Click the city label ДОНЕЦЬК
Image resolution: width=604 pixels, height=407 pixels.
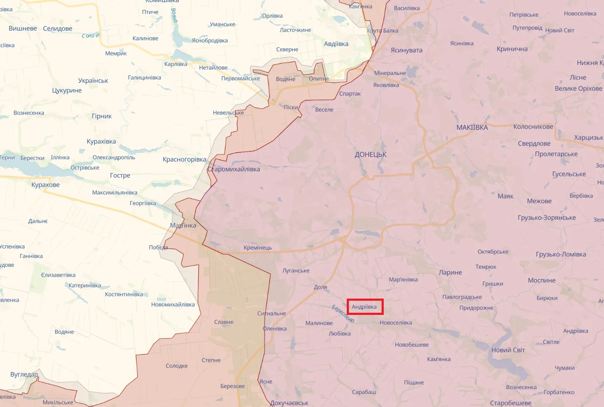[x=370, y=154]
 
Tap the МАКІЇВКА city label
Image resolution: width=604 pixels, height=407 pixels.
[x=472, y=127]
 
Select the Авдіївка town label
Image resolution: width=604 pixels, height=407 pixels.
[x=336, y=44]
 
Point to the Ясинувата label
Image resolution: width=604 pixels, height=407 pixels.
[x=406, y=50]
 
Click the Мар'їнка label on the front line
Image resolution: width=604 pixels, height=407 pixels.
[x=183, y=225]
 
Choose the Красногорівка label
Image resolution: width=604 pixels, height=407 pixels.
[x=184, y=160]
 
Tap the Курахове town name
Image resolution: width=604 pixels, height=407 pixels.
[x=46, y=185]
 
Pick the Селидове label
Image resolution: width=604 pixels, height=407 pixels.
[x=58, y=29]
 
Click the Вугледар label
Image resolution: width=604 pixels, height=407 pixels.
[x=24, y=374]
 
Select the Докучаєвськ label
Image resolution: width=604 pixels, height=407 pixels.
[x=289, y=403]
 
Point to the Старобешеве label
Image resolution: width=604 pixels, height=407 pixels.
[x=511, y=403]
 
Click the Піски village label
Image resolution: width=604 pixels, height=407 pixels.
[x=291, y=107]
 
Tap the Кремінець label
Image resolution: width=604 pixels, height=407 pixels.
[x=258, y=248]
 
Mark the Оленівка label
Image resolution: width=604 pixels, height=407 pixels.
[x=274, y=329]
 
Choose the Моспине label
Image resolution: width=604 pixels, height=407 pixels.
[x=542, y=281]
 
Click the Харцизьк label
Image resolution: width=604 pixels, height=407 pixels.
[x=588, y=138]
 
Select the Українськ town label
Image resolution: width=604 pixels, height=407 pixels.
[x=93, y=81]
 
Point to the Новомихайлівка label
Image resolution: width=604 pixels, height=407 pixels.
[x=173, y=305]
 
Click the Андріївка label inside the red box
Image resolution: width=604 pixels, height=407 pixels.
[x=364, y=307]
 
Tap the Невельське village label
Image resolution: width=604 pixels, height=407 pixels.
[x=228, y=113]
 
